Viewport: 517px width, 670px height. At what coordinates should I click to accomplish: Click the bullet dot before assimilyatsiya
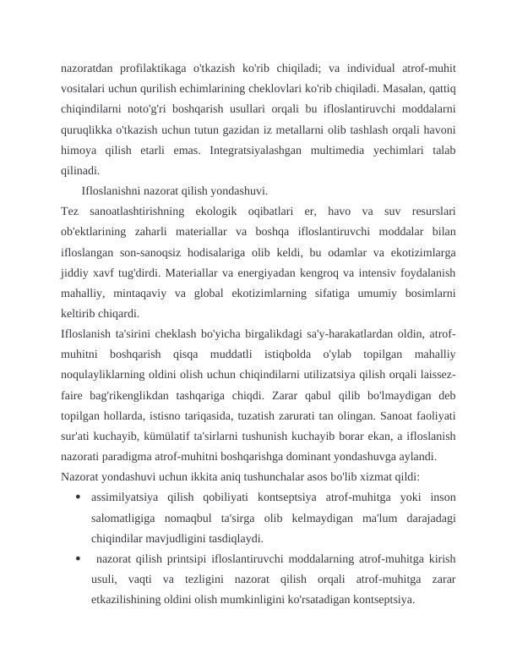point(78,495)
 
